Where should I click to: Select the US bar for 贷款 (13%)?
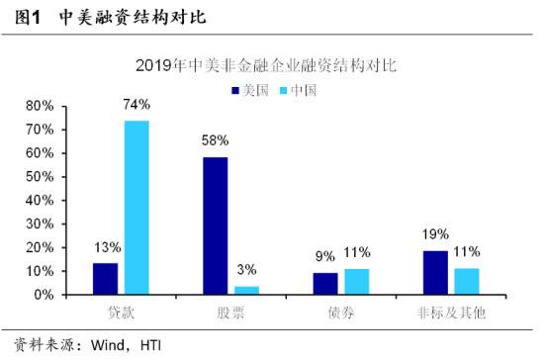point(106,279)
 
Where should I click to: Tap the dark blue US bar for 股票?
point(216,225)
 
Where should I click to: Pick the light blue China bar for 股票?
point(245,291)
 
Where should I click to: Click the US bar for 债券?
point(325,284)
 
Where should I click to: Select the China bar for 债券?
point(356,282)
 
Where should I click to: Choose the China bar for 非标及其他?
point(466,282)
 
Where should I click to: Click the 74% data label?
point(136,105)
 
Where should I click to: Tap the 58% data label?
point(216,141)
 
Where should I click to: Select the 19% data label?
point(435,234)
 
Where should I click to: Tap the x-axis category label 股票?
point(230,313)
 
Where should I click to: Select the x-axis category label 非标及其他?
point(450,313)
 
